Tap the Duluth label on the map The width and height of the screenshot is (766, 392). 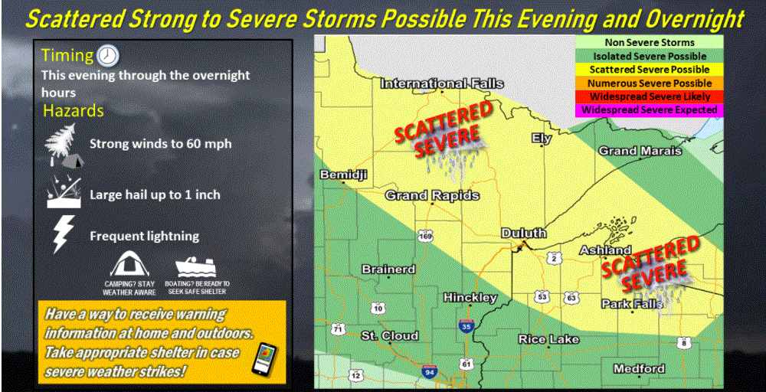tap(523, 233)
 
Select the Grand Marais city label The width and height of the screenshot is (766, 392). tap(640, 151)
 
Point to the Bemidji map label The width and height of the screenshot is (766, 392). tap(344, 175)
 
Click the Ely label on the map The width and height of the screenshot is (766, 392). tap(542, 139)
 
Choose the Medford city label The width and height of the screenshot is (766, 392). tap(639, 369)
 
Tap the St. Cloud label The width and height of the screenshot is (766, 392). tap(390, 336)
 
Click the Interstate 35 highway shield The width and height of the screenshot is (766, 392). tap(468, 327)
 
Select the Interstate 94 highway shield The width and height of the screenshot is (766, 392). tap(430, 372)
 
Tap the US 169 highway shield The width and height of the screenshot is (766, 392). tap(425, 235)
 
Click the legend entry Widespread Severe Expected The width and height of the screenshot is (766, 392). tap(650, 110)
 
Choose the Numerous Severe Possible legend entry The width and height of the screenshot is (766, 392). tap(650, 83)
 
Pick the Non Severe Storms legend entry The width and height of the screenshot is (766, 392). tap(650, 43)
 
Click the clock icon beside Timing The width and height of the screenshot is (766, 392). tap(110, 56)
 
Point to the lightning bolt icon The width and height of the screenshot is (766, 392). tap(61, 234)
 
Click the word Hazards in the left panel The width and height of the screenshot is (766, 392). tap(73, 111)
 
